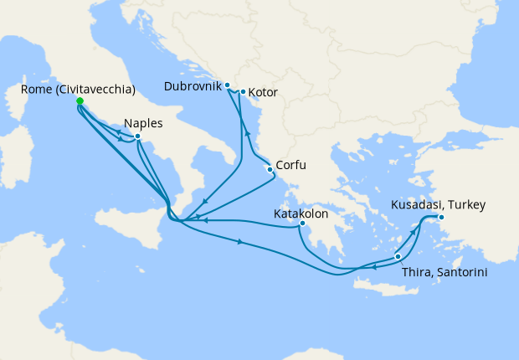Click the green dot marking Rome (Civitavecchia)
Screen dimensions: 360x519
80,101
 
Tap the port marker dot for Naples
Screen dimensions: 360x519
137,136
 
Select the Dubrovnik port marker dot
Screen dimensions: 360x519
227,85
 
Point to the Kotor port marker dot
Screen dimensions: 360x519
243,92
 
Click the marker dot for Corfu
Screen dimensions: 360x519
270,169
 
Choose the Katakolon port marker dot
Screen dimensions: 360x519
301,224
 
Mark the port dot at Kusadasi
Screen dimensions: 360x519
442,219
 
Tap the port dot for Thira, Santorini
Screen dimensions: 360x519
398,256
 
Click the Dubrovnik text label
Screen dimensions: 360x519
193,85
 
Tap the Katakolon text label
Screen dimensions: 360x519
301,213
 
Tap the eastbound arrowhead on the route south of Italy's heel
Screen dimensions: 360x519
242,243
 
